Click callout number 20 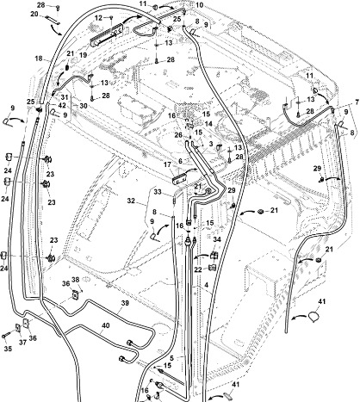tap(34, 14)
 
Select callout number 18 tap(39, 59)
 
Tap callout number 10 tap(199, 5)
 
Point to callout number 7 tap(357, 102)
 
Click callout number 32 tap(131, 201)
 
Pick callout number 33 tap(158, 192)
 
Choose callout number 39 tap(125, 304)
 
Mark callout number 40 tap(106, 325)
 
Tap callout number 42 tap(62, 105)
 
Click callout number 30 tap(84, 106)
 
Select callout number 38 tap(75, 280)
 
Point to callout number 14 tap(208, 124)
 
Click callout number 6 tap(180, 161)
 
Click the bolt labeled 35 tap(4, 336)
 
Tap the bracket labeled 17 tap(179, 180)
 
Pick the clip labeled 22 tap(214, 268)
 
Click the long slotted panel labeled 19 tap(107, 34)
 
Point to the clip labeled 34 tap(214, 256)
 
